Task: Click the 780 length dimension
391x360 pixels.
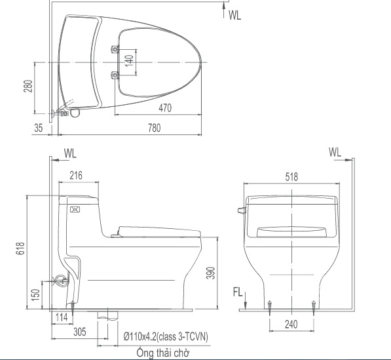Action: coord(154,129)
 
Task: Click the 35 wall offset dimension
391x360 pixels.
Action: coord(39,129)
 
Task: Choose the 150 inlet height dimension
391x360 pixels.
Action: coord(35,294)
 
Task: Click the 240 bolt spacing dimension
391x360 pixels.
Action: coord(292,324)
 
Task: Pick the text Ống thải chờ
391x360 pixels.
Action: coord(158,353)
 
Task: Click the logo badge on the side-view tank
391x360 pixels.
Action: coord(73,210)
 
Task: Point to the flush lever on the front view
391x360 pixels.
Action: coord(240,210)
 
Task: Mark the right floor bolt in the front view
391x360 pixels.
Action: coord(314,304)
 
